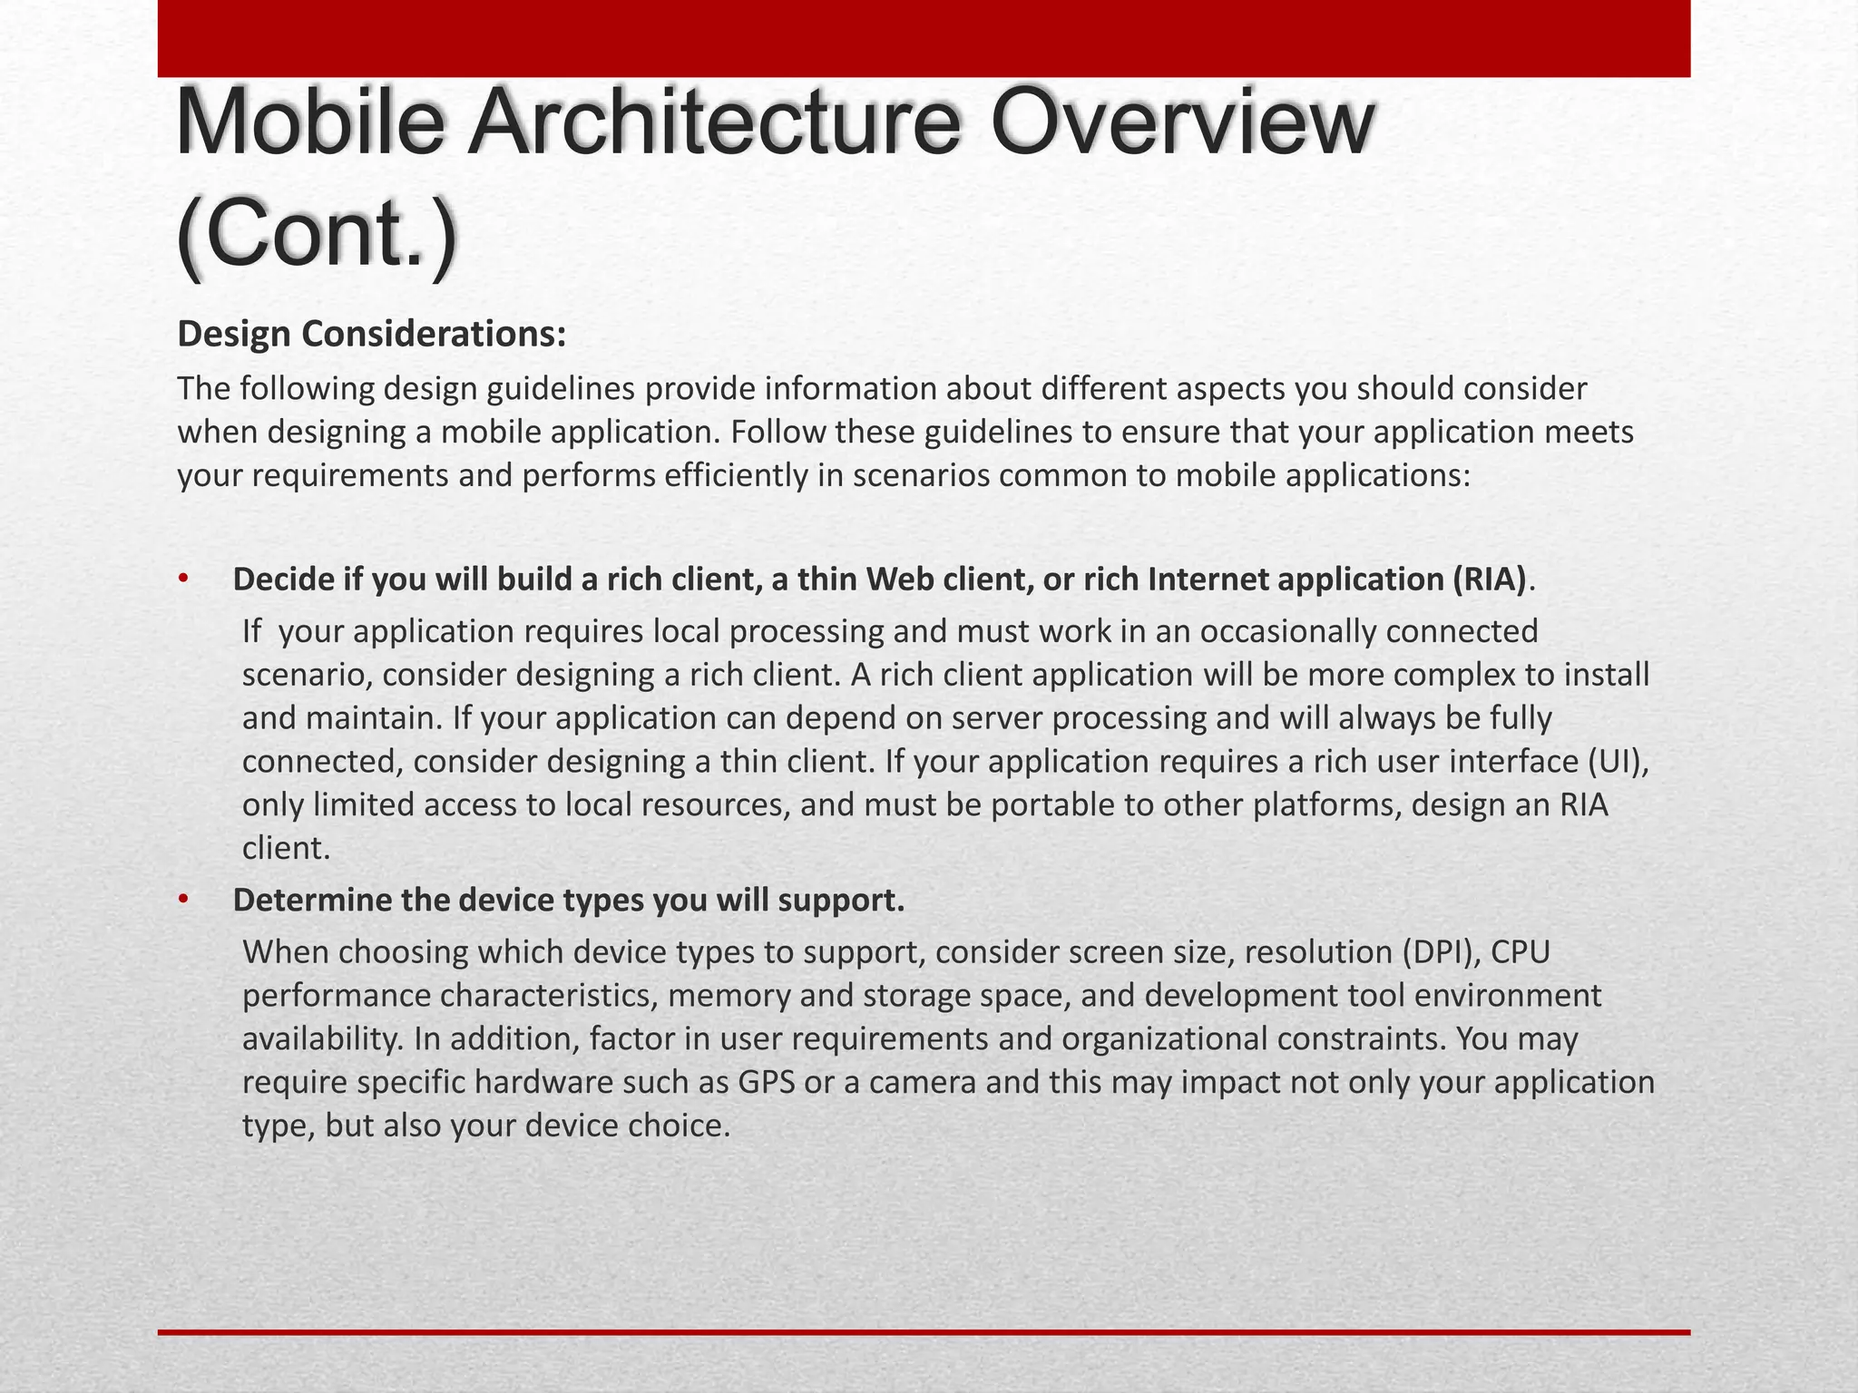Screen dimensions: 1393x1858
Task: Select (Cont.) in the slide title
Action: coord(317,235)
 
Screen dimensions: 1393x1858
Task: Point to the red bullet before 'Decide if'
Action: coord(182,579)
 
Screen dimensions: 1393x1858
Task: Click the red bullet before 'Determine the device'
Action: coord(182,900)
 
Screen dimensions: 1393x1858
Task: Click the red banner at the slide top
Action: coord(924,38)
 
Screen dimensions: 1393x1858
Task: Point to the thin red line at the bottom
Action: coord(924,1332)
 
